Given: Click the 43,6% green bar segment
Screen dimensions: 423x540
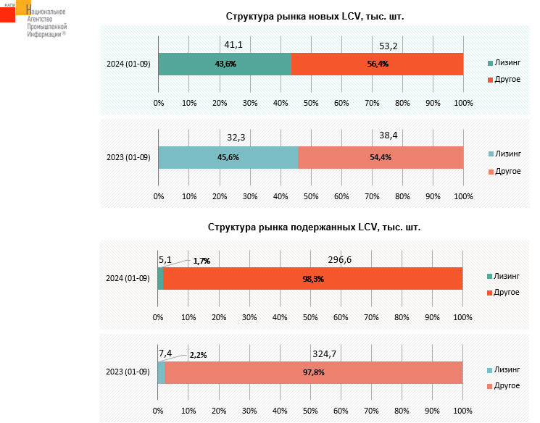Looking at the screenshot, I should pyautogui.click(x=225, y=64).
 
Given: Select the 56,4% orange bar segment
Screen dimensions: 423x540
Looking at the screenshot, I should pyautogui.click(x=377, y=64).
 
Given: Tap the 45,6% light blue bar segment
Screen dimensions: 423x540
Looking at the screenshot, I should pyautogui.click(x=228, y=157).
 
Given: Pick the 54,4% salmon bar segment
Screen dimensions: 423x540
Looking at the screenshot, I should pyautogui.click(x=381, y=157).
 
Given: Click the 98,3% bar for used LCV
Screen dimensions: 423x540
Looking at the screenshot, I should pyautogui.click(x=312, y=279).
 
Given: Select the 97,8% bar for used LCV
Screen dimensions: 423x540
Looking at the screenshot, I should pyautogui.click(x=313, y=372).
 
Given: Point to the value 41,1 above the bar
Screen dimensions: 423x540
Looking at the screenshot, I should pyautogui.click(x=233, y=45).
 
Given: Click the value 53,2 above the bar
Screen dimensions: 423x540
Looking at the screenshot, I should pyautogui.click(x=389, y=46).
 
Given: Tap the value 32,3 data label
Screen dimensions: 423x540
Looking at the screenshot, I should pyautogui.click(x=236, y=135).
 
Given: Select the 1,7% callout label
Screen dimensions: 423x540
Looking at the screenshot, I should pyautogui.click(x=201, y=261).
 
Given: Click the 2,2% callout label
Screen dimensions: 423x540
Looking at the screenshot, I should pyautogui.click(x=198, y=355).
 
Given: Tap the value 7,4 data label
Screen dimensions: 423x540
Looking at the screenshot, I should pyautogui.click(x=165, y=353).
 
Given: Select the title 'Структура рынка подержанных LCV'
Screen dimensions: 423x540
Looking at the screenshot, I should pyautogui.click(x=314, y=227).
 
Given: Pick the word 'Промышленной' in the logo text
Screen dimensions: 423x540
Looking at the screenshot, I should pyautogui.click(x=46, y=27).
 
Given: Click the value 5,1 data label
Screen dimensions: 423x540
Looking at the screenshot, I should pyautogui.click(x=165, y=259).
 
